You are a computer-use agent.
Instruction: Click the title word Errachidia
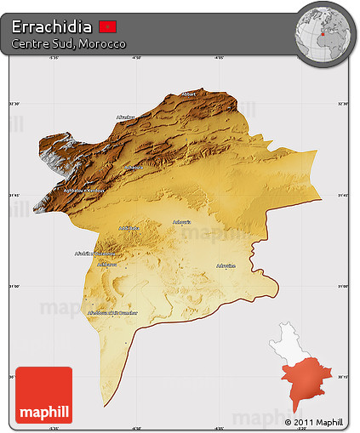[x=53, y=26]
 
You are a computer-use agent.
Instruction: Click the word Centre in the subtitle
[x=31, y=43]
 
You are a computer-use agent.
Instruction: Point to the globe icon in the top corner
[x=324, y=33]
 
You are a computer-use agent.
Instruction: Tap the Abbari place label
[x=190, y=94]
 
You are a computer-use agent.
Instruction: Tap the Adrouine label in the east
[x=226, y=265]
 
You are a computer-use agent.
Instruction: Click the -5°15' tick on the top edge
[x=54, y=58]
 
